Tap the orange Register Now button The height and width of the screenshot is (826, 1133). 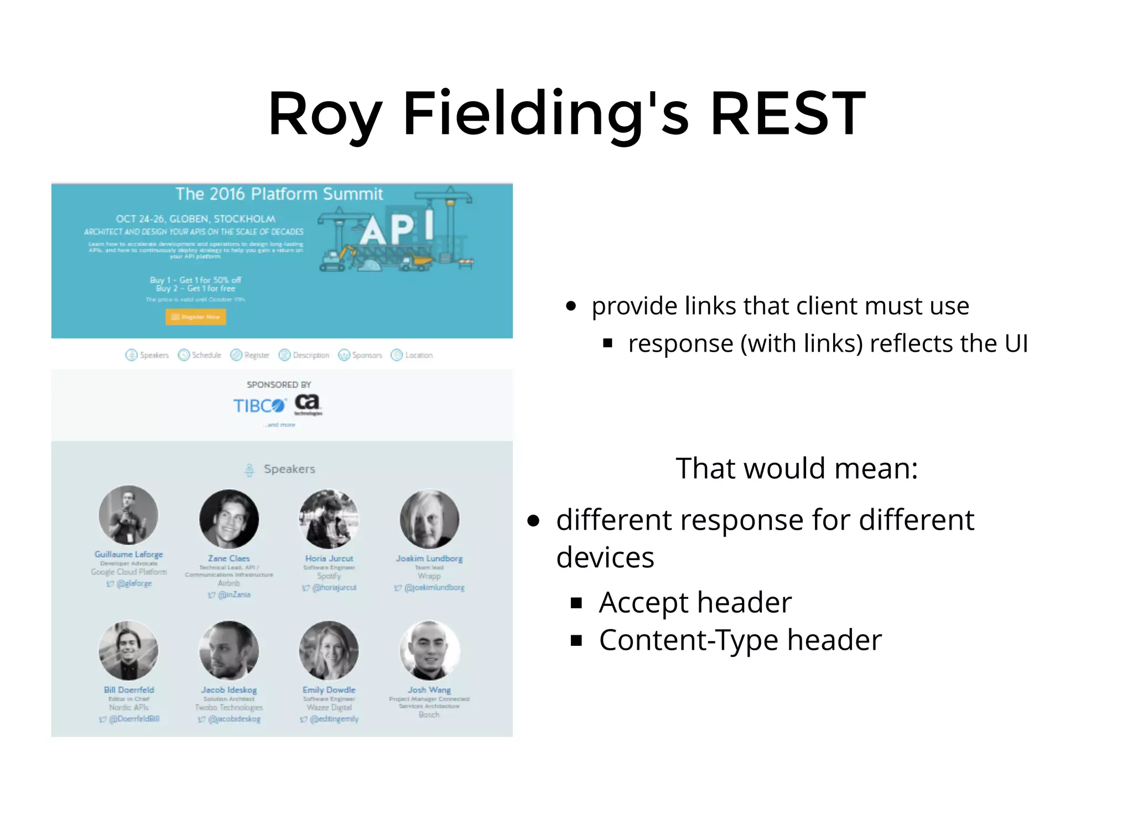pos(195,317)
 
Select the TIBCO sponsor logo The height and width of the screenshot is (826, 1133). pos(258,406)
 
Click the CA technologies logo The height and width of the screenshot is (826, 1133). pos(308,404)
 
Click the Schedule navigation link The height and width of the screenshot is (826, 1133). pos(200,355)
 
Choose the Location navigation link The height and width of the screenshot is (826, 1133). pos(412,355)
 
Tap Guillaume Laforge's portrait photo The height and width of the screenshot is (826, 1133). pos(128,515)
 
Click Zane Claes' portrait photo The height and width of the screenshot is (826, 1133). pos(229,519)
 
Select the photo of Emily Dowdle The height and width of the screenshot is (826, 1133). pos(329,650)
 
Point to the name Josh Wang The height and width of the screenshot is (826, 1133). pos(429,690)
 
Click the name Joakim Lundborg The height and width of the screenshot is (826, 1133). pos(429,558)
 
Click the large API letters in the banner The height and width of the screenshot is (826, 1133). pos(396,228)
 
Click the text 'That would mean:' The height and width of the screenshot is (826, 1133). pos(797,468)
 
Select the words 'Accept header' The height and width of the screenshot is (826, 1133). pos(695,602)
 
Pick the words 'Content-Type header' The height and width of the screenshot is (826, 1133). pos(740,640)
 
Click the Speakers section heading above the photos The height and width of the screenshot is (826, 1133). pos(288,469)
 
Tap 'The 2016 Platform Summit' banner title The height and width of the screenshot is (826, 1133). pos(279,194)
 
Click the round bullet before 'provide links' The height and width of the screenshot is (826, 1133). pos(571,306)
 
